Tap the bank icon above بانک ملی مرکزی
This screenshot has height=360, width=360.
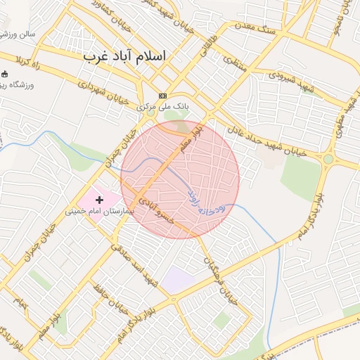pyautogui.click(x=163, y=96)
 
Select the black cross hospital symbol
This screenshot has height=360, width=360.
pyautogui.click(x=99, y=200)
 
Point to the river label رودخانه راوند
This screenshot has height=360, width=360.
pyautogui.click(x=205, y=200)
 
